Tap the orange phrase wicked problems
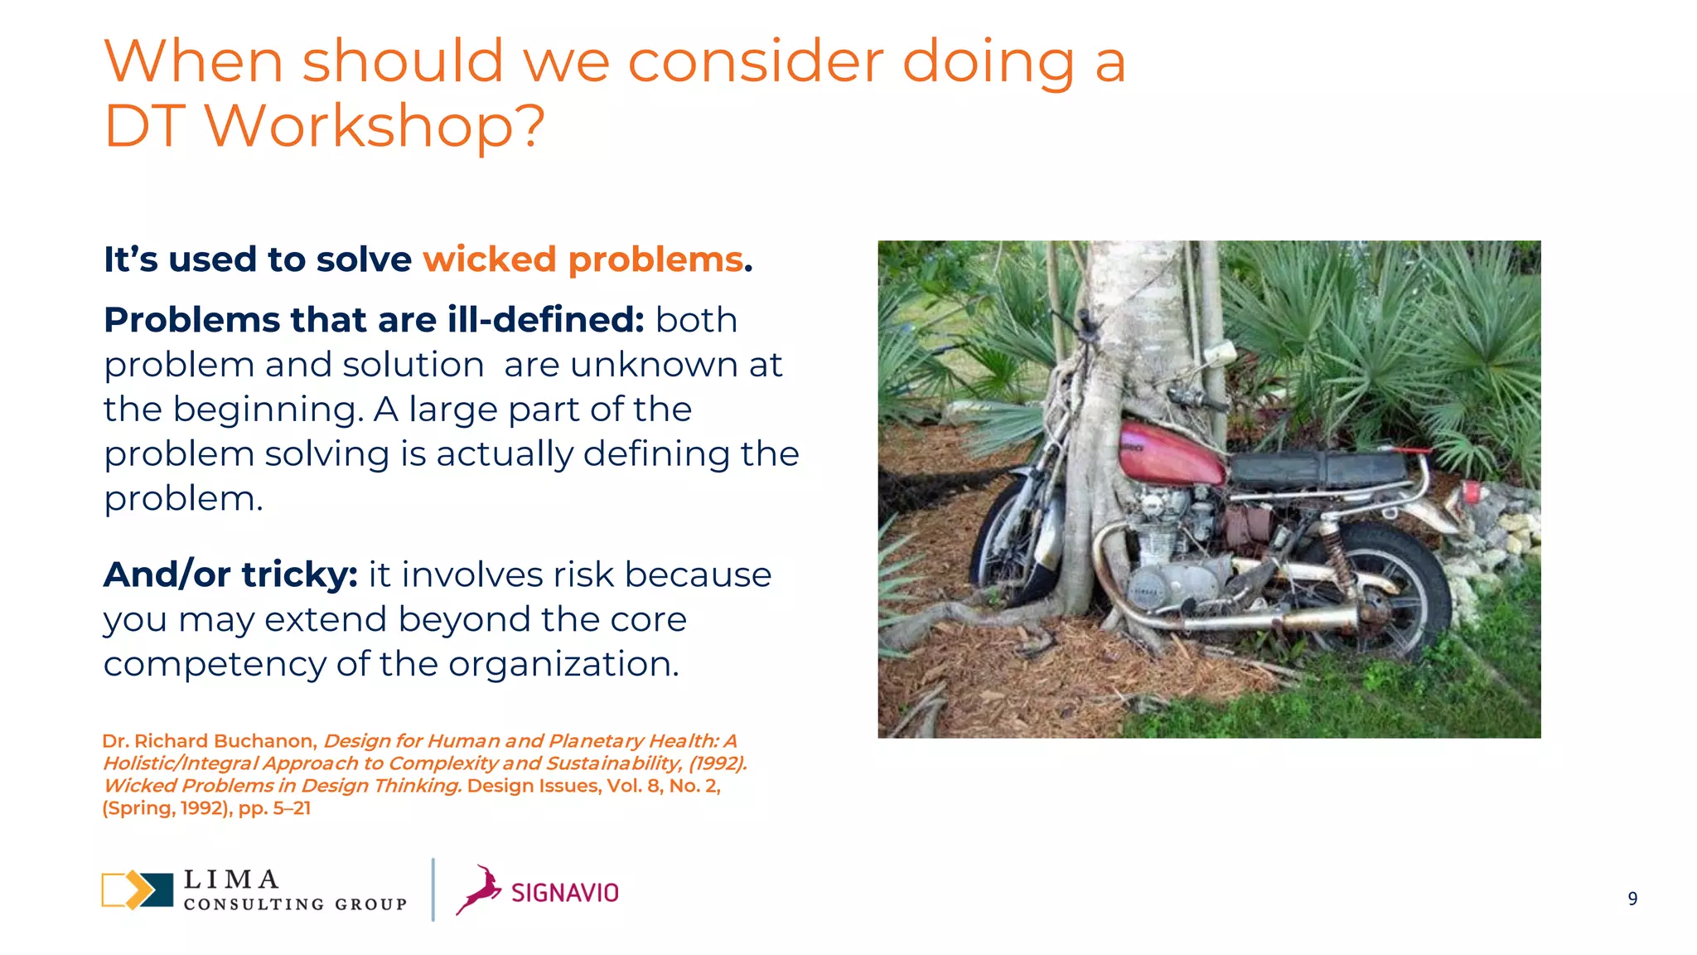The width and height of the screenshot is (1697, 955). [583, 259]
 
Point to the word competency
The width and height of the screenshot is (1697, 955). [215, 665]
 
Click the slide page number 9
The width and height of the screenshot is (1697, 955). [1632, 899]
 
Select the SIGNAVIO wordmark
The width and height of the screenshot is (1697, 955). [565, 893]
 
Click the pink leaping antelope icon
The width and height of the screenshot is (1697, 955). [480, 890]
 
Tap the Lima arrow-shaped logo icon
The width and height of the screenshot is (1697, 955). [138, 890]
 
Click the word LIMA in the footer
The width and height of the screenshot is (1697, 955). [231, 879]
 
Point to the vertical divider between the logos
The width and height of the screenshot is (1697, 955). [433, 890]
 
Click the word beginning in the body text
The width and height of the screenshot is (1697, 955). [268, 410]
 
